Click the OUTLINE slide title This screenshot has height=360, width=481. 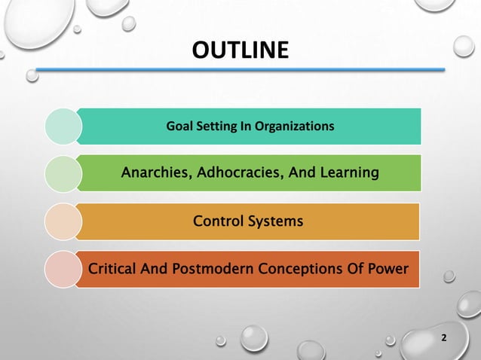coord(240,50)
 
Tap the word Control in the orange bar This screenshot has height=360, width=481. coord(217,221)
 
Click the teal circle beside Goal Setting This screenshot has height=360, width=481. coord(63,126)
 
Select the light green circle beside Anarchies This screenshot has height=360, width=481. coord(63,174)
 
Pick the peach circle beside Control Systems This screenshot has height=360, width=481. coord(63,221)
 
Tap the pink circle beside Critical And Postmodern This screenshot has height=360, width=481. coord(63,269)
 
